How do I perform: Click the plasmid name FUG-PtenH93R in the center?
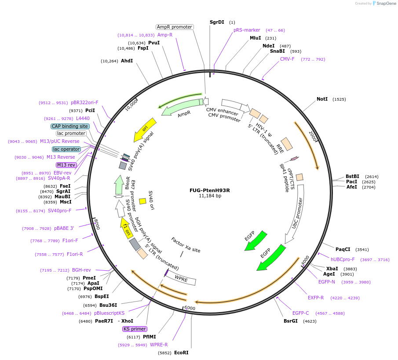point(209,190)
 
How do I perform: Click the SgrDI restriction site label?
point(217,22)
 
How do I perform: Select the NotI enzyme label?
point(322,99)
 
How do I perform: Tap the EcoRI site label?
point(181,353)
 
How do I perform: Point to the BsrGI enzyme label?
point(290,321)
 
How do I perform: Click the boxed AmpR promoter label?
point(175,27)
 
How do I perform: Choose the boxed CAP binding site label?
point(70,126)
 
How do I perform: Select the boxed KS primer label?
point(135,329)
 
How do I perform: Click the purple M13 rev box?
point(66,165)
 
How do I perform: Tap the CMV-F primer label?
point(287,59)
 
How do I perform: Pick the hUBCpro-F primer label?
point(343,259)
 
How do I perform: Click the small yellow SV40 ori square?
point(142,201)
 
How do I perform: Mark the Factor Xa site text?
point(186,244)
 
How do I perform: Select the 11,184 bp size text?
point(210,196)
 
